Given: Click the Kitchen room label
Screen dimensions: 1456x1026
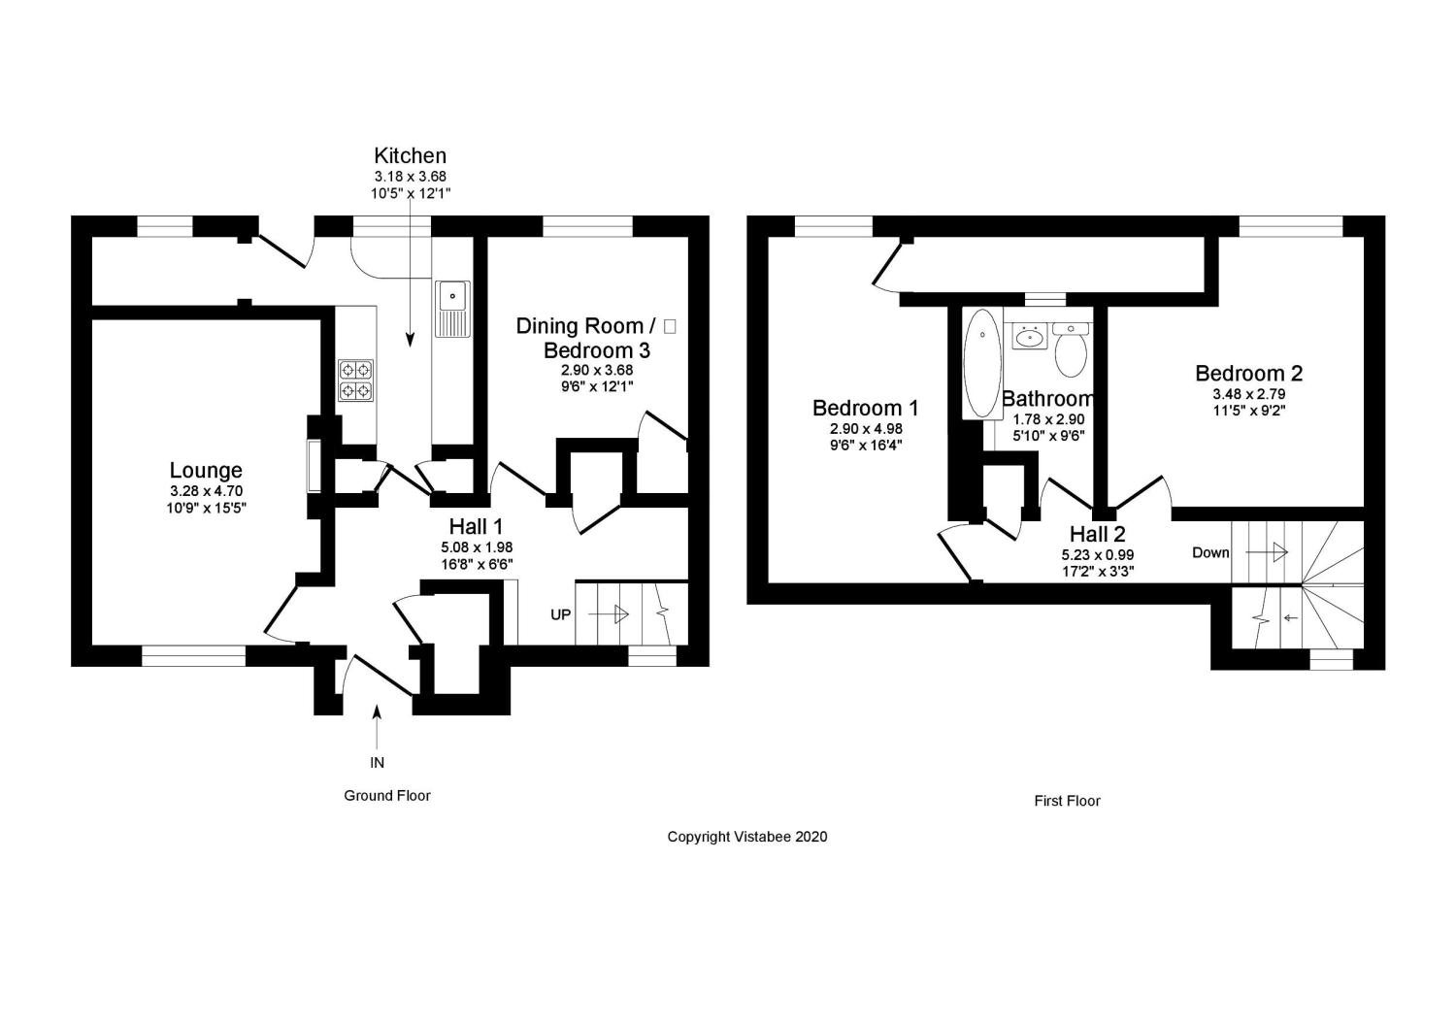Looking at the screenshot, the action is coord(411,155).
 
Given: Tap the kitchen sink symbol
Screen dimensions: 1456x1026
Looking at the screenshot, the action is coord(452,309).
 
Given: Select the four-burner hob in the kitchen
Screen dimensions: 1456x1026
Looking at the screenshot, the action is coord(355,380).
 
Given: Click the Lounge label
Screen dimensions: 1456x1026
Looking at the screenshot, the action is coord(206,471).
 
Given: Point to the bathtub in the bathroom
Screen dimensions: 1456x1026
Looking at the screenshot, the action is coord(982,363).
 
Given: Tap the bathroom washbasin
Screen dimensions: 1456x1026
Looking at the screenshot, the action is coord(1029,337).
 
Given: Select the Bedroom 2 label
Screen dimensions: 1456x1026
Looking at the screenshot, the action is coord(1248,373).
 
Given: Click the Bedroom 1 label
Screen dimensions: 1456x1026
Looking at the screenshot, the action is coord(866,408).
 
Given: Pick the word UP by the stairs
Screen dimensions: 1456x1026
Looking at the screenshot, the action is coord(561,614).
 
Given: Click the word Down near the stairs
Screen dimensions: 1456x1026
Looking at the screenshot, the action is coord(1210,552).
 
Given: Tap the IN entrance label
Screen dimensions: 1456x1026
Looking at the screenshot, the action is coord(377,762).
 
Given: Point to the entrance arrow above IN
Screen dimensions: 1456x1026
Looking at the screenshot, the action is coord(377,724).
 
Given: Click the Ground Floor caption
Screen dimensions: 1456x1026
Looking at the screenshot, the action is coord(387,795).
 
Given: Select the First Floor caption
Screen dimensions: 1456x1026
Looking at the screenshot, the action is coord(1067,801).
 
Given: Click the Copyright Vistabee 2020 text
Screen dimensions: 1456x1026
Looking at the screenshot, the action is coord(747,836).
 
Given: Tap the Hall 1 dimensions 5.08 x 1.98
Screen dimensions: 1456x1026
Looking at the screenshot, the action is coord(476,547).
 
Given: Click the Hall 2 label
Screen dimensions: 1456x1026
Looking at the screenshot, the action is coord(1097,534).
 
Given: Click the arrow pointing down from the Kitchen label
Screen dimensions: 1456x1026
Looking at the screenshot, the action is coord(410,291).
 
